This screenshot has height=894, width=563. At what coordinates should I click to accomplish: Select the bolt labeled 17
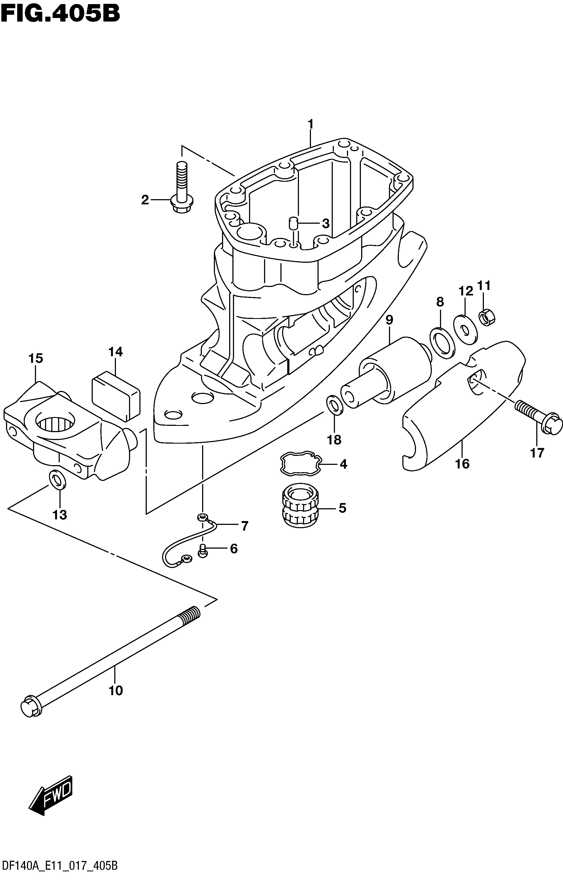click(538, 417)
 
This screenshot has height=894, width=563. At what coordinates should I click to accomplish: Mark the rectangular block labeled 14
click(116, 397)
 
